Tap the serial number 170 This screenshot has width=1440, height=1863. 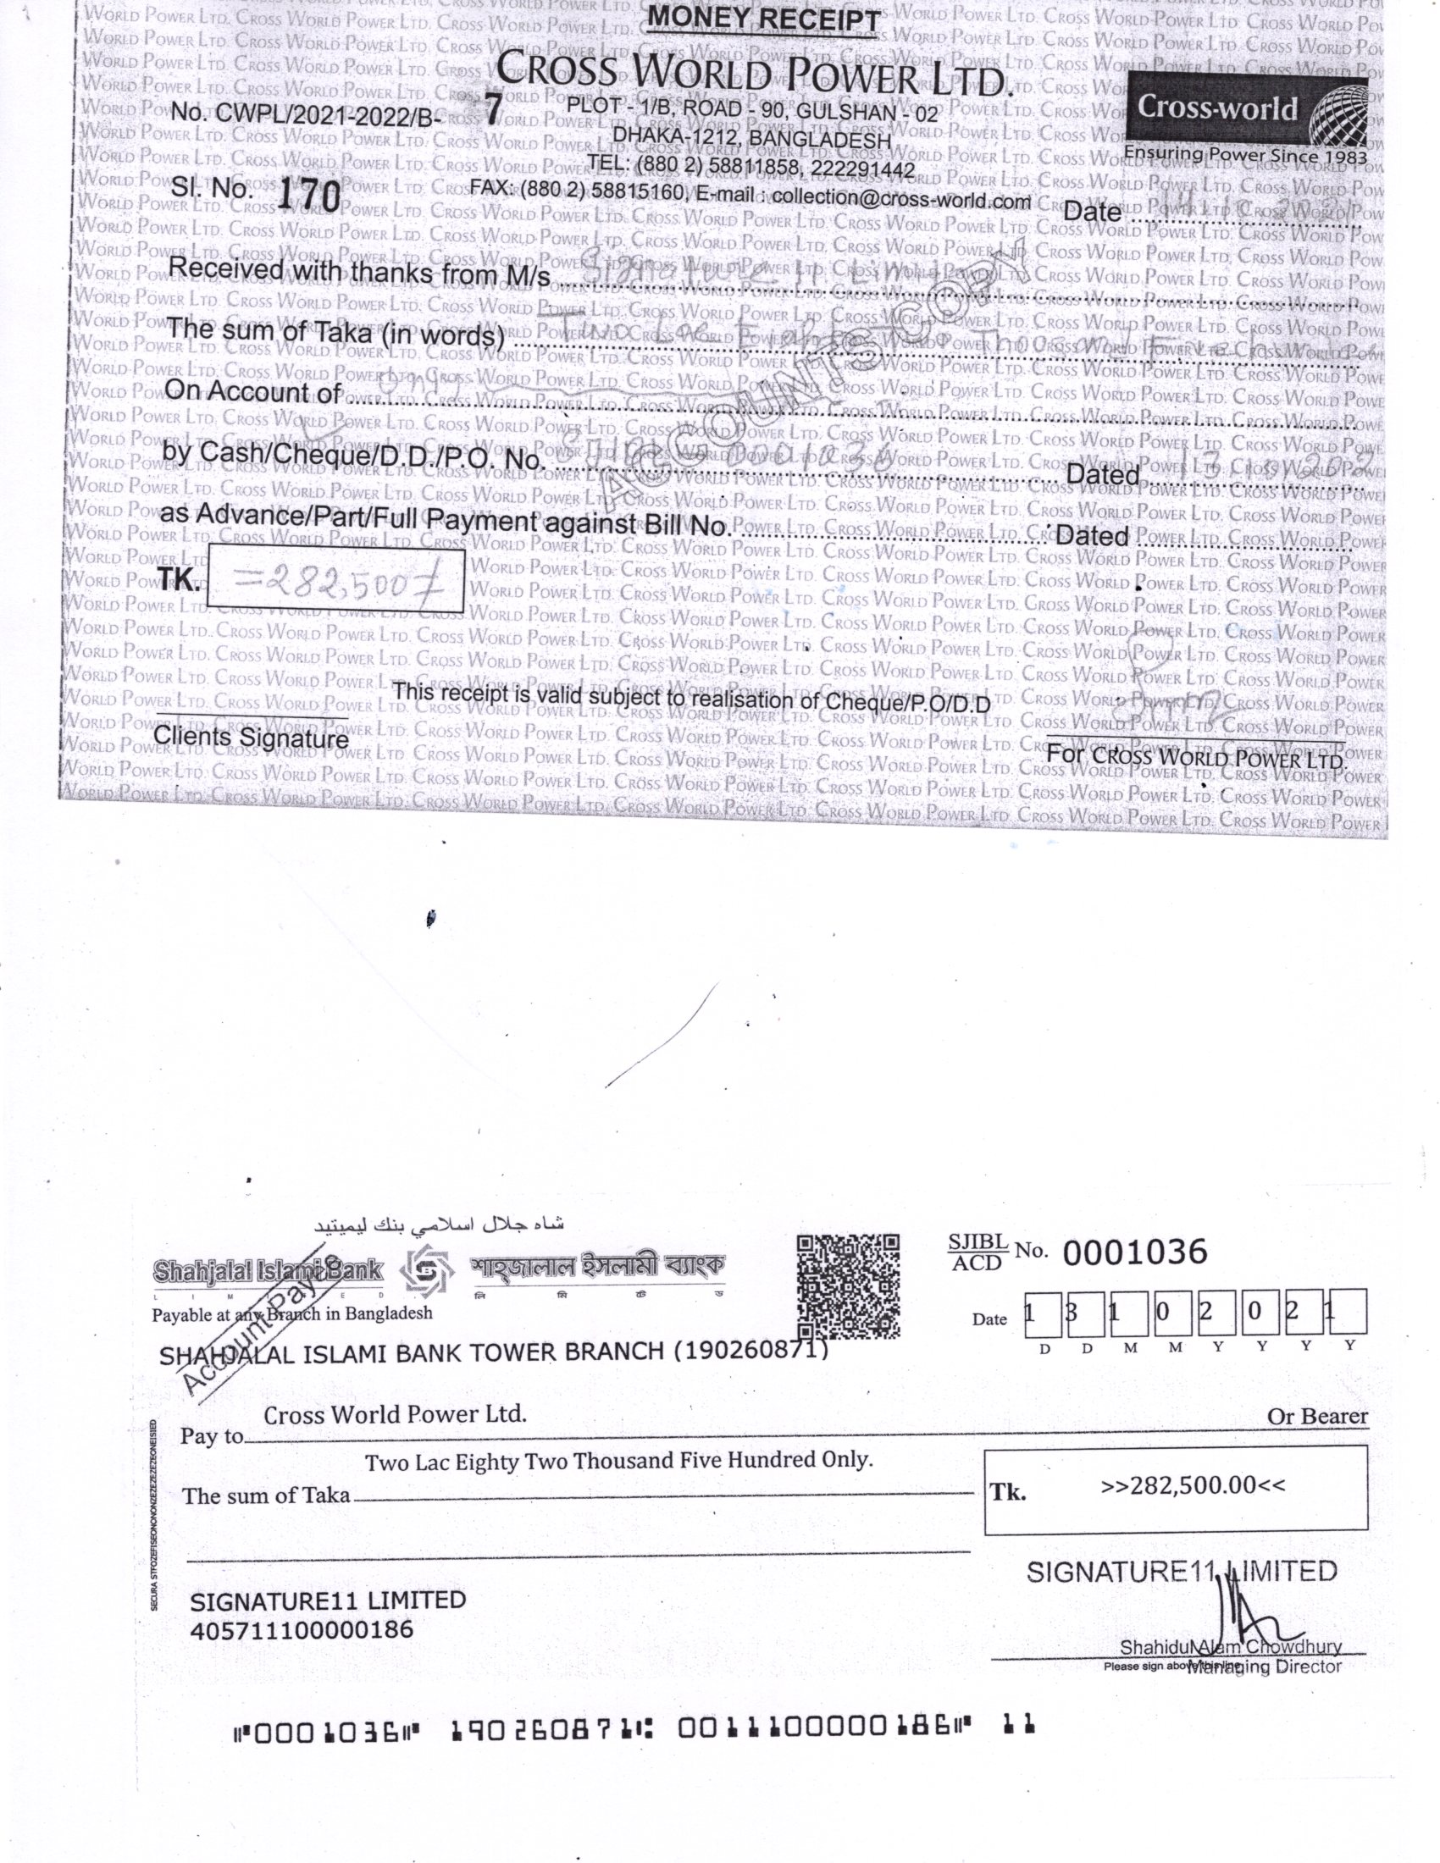point(309,196)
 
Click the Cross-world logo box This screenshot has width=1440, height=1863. point(1246,111)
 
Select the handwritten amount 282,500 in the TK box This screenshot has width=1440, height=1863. point(336,582)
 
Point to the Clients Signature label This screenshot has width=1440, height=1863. point(251,737)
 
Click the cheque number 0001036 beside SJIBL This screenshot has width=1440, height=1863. point(1134,1252)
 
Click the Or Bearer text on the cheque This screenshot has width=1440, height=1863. point(1316,1417)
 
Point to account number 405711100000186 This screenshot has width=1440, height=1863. point(302,1630)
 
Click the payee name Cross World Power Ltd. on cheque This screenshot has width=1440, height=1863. point(395,1414)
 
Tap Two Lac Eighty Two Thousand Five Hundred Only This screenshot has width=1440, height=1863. point(618,1462)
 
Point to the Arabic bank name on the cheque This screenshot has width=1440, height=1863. point(439,1225)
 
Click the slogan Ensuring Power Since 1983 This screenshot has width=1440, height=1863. point(1244,155)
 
